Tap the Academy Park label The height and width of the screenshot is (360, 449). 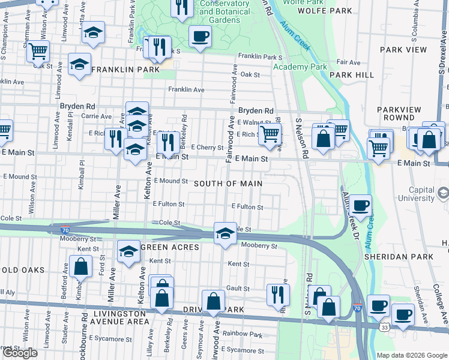300,67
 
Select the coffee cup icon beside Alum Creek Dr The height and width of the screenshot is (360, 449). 361,206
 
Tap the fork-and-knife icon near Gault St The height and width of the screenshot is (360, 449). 278,293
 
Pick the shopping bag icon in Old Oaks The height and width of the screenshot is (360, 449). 80,266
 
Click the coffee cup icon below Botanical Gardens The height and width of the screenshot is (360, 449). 200,36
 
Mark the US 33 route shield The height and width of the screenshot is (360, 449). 384,328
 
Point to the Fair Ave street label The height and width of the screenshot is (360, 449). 348,62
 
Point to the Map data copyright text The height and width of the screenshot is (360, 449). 411,355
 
